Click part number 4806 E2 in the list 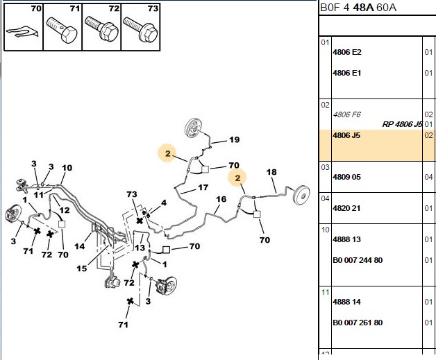click(x=346, y=52)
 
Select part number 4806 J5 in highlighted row click(x=346, y=135)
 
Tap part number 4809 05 click(x=346, y=177)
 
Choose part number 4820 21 click(x=346, y=208)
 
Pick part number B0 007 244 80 click(x=358, y=260)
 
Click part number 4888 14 click(x=346, y=302)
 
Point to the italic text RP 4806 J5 click(x=403, y=124)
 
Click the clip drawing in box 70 click(x=22, y=32)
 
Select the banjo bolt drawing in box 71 click(x=62, y=30)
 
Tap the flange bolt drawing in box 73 click(x=140, y=29)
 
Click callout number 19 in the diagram click(x=234, y=139)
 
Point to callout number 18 click(x=271, y=172)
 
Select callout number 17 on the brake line click(x=203, y=187)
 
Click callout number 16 click(x=221, y=199)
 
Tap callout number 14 click(x=80, y=246)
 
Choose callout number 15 click(x=82, y=268)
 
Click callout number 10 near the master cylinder click(x=67, y=168)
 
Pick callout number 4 click(x=164, y=203)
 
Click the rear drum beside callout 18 click(x=302, y=195)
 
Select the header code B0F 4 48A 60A click(x=358, y=8)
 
